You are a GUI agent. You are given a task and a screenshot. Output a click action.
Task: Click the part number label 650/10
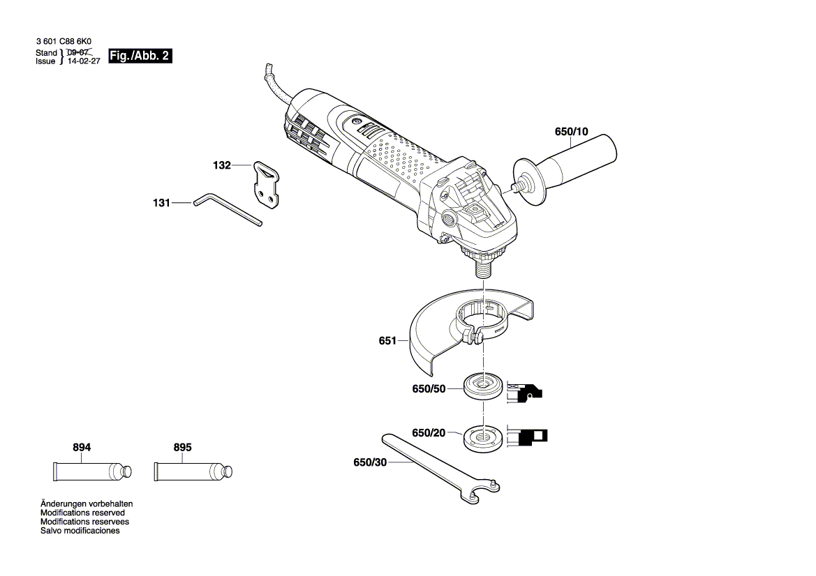point(572,132)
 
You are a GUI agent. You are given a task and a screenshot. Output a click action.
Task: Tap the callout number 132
point(221,166)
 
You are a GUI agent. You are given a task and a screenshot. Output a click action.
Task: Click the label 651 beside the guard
point(387,341)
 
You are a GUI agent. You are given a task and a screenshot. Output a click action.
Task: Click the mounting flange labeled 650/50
point(482,386)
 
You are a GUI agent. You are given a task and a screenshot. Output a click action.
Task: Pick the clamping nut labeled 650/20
point(482,437)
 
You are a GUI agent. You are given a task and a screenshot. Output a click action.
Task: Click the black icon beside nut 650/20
point(527,437)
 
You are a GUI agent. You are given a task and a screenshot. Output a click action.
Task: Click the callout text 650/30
point(369,462)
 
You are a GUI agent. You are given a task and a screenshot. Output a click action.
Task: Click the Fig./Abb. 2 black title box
point(140,56)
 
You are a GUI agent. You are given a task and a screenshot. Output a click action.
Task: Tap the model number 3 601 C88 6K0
point(64,42)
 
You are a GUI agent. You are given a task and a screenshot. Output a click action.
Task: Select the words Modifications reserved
point(82,513)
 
